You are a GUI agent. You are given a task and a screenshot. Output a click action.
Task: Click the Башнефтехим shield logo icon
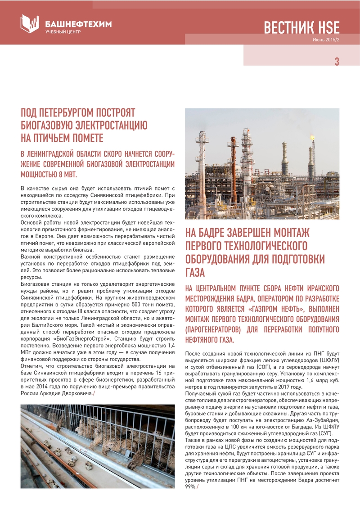coord(30,23)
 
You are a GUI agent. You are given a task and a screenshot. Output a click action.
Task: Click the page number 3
coord(337,62)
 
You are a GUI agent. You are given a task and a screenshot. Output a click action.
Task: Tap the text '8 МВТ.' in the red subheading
coord(66,174)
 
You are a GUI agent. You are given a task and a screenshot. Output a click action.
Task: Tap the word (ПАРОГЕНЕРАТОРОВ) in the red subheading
coord(213,329)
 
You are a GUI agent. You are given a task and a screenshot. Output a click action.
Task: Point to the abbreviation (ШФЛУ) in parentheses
coord(330,360)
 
